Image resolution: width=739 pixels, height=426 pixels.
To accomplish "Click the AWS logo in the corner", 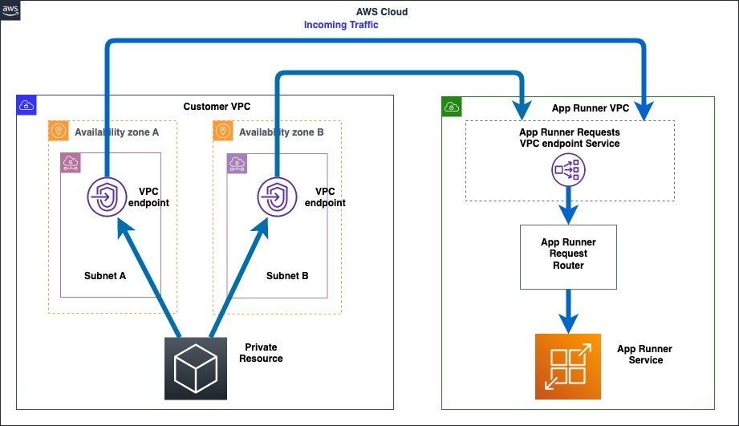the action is (10, 10).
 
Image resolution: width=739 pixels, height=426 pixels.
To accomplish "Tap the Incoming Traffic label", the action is (341, 25).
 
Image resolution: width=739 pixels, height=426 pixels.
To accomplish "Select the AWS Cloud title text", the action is (382, 12).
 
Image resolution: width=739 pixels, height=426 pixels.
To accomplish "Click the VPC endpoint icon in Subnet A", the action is (107, 197).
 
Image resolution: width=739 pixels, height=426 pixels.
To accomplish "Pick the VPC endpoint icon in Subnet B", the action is (277, 197).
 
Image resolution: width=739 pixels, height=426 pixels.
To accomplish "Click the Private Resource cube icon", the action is (196, 368).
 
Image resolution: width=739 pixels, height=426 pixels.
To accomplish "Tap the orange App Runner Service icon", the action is (568, 367).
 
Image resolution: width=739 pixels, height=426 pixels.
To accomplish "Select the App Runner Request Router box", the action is (568, 257).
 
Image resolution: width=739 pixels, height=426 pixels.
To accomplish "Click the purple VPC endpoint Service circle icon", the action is (568, 169).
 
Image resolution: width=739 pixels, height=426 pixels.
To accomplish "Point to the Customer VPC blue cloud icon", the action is (26, 105).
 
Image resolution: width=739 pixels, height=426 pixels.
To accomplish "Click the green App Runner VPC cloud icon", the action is (452, 107).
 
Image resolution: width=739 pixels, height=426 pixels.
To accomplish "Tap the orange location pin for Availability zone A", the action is (59, 131).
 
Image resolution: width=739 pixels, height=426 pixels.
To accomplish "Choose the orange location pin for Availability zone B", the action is (223, 131).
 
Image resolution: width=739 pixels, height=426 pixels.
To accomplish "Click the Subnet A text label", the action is (105, 276).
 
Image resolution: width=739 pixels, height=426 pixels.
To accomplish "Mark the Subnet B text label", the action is (287, 276).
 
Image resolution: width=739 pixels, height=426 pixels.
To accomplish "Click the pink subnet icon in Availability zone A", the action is (71, 163).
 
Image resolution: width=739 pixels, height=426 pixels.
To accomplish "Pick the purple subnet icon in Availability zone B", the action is (237, 164).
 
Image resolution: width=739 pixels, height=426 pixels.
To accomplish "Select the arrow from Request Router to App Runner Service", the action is (568, 311).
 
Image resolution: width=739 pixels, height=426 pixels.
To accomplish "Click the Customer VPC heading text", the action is (217, 107).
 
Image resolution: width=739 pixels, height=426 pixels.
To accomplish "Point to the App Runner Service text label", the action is (645, 355).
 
